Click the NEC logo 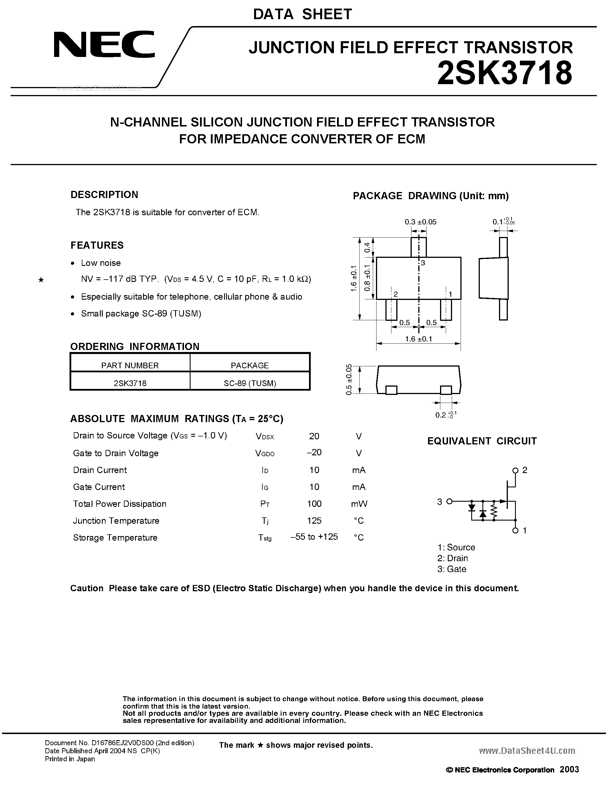coord(104,44)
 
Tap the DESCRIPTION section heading coord(104,195)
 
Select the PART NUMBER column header coord(130,365)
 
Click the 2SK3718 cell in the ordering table coord(130,383)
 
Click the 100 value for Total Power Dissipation coord(314,504)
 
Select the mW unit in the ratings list coord(359,504)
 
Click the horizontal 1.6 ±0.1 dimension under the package coord(418,339)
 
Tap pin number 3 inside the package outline coord(423,263)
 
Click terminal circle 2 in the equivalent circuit coord(515,470)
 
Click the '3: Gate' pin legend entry coord(452,569)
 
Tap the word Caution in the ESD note coord(87,588)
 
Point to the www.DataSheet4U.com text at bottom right coord(527,751)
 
